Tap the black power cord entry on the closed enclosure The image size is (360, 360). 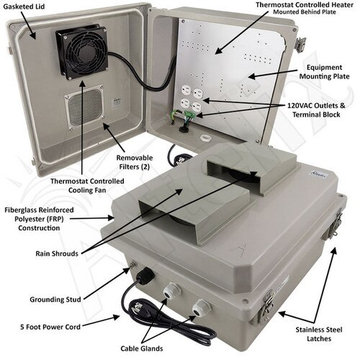click(x=140, y=278)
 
